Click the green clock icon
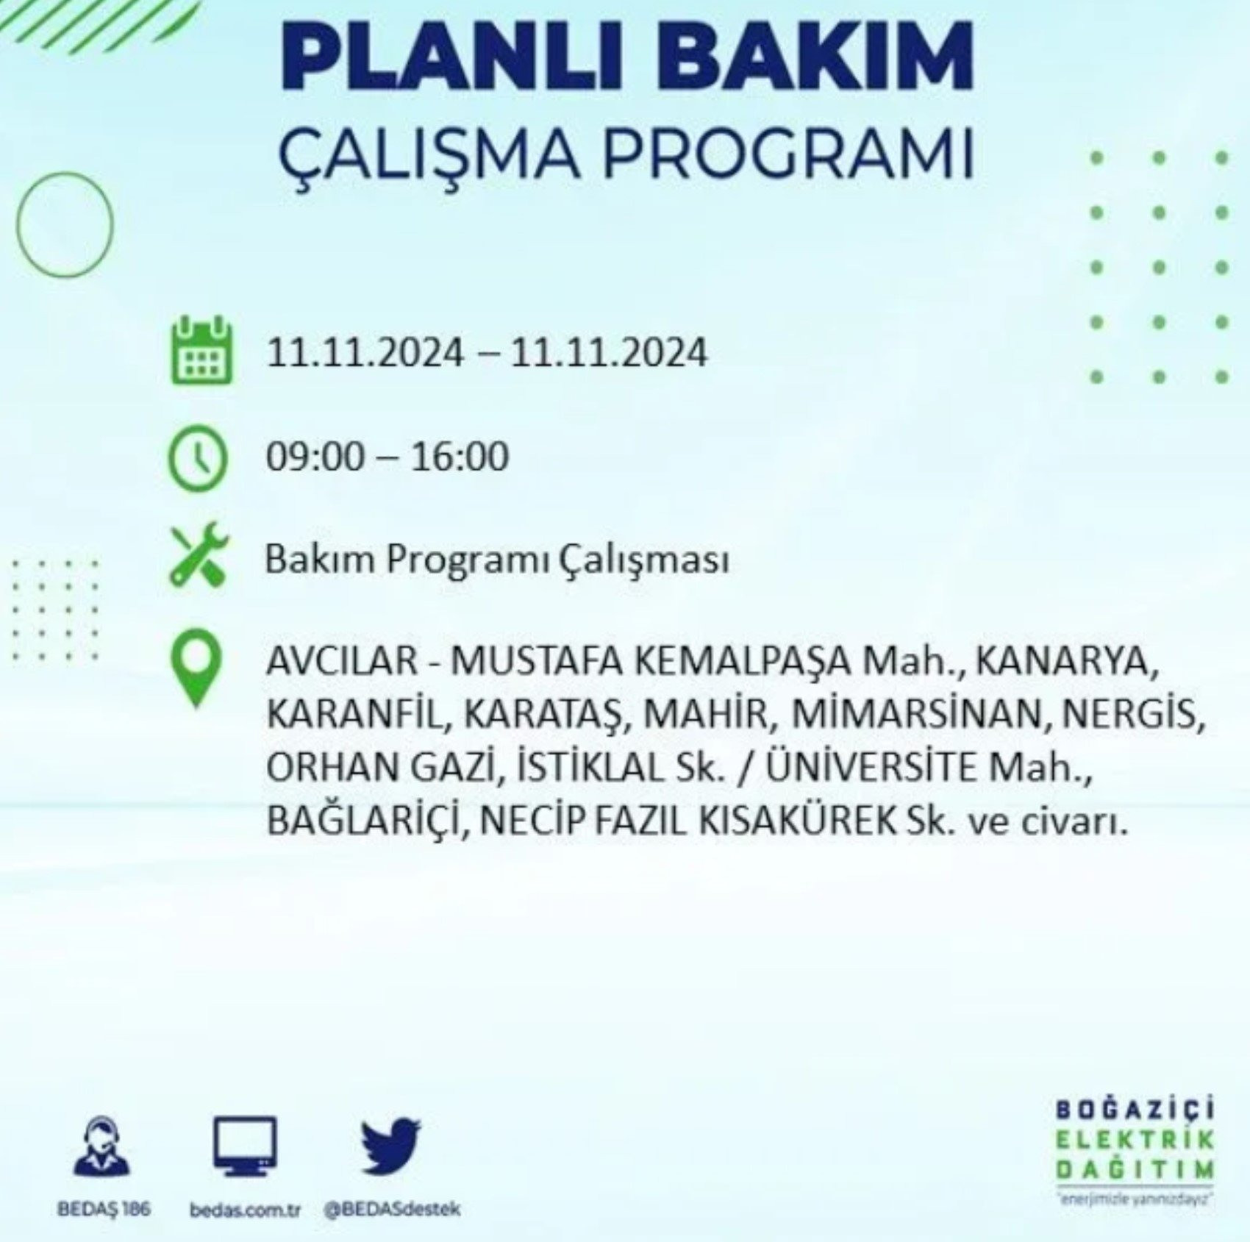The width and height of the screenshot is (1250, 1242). pos(199,457)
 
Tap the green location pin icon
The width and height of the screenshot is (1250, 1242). pos(196,670)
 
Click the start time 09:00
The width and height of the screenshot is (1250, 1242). pos(315,457)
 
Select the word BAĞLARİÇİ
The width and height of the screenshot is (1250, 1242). pos(364,821)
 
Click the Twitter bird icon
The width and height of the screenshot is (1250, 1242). pos(390,1146)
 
